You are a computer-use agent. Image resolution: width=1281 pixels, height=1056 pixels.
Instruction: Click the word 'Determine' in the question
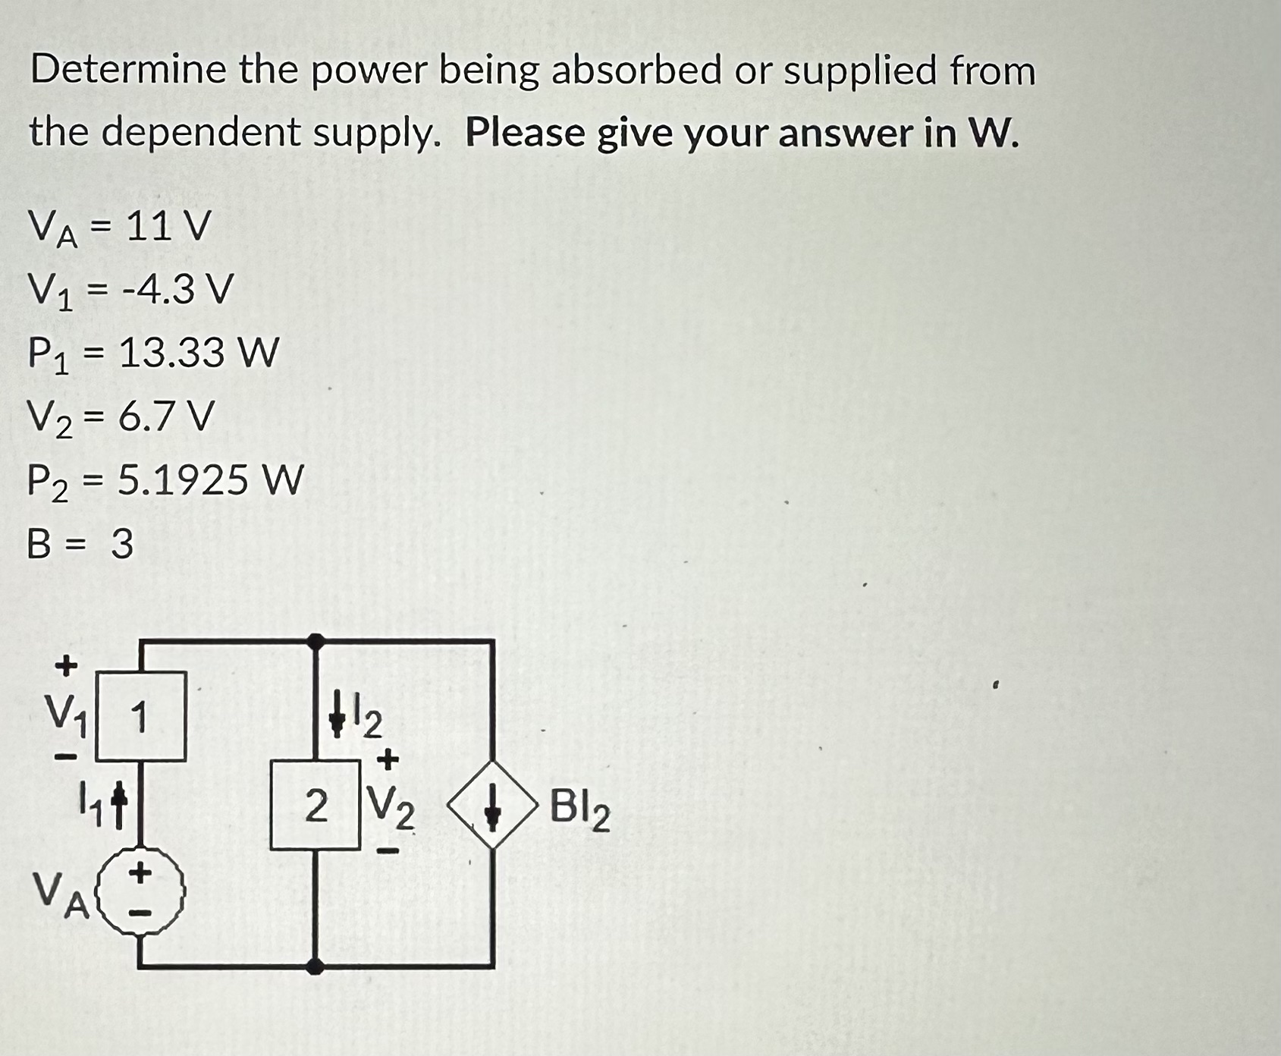(x=129, y=71)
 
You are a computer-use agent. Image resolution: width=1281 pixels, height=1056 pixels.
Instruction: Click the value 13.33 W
(x=199, y=353)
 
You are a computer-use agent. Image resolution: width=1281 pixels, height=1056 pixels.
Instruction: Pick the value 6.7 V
(x=166, y=416)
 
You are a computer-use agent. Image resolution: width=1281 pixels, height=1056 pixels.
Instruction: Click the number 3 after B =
(x=122, y=544)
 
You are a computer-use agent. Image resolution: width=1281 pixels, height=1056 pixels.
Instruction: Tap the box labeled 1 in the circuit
(x=140, y=716)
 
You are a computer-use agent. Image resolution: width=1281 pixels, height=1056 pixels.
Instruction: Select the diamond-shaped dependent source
(x=493, y=809)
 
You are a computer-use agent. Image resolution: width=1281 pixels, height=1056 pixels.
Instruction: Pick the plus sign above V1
(x=67, y=665)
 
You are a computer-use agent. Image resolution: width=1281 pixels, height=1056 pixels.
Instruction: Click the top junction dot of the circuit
(x=316, y=642)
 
